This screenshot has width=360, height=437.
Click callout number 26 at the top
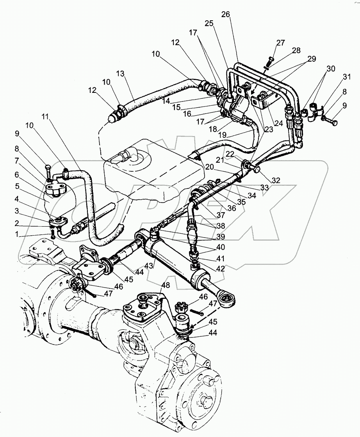coord(225,14)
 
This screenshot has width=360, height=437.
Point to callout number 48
coord(166,285)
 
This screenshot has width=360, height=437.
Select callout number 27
coord(281,43)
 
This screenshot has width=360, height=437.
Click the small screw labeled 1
coord(53,235)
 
